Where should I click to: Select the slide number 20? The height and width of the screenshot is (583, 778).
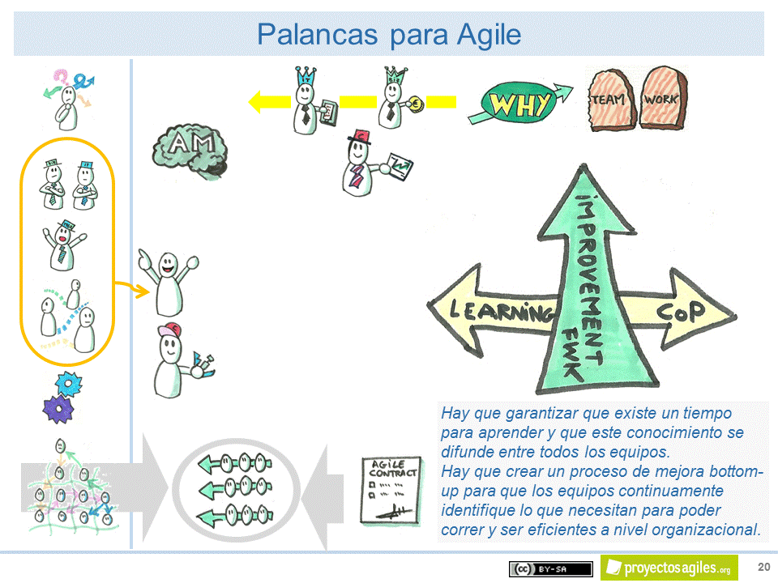click(x=763, y=566)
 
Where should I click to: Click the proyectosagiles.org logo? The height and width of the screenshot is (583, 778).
click(x=669, y=568)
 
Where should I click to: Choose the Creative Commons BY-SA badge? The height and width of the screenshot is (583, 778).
click(x=550, y=569)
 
